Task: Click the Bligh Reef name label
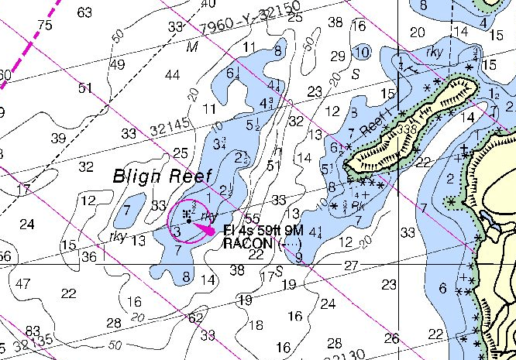(x=162, y=176)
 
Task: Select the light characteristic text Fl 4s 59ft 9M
(x=261, y=230)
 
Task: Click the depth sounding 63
(x=84, y=12)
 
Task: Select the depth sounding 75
(x=44, y=25)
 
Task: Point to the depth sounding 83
(x=32, y=331)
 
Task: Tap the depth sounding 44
(x=172, y=74)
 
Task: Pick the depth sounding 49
(x=117, y=64)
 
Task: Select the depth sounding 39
(x=57, y=138)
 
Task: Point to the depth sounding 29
(x=337, y=56)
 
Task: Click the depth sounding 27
(x=352, y=266)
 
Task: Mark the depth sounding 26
(x=391, y=338)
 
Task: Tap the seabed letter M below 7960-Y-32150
(x=193, y=47)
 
